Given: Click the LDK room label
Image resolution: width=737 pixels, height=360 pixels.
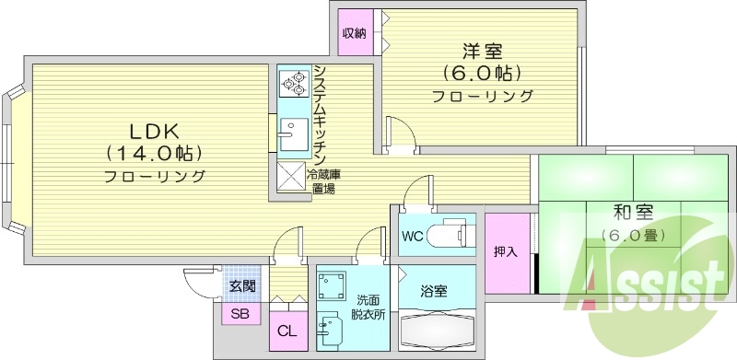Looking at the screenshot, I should (154, 129).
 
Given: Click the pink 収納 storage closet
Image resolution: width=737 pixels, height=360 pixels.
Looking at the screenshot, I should (356, 34).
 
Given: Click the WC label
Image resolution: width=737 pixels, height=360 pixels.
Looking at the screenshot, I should (413, 235).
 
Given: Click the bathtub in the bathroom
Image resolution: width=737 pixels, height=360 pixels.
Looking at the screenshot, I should (437, 329).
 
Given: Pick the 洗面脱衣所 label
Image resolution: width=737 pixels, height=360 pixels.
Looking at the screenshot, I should (365, 307).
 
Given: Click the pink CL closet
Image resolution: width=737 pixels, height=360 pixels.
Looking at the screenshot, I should (287, 330).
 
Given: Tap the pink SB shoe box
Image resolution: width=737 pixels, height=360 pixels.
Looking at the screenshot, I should (240, 314).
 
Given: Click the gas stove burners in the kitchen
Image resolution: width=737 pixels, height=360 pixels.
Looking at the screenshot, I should (294, 85).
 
